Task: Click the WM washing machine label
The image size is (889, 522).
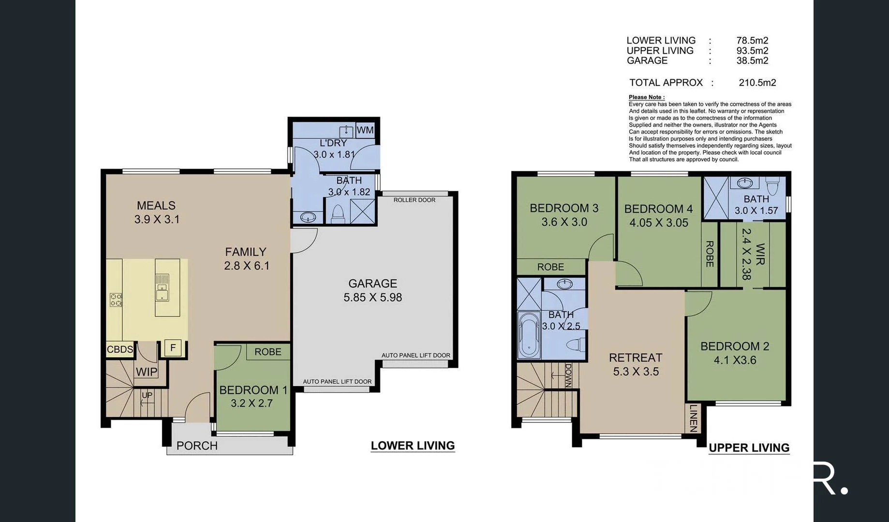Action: [365, 130]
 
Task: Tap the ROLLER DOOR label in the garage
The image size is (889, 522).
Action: [414, 200]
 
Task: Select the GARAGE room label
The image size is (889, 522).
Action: [372, 284]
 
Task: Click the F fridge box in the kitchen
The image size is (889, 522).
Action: [173, 348]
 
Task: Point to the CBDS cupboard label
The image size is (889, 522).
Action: [119, 349]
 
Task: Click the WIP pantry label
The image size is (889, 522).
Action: [146, 372]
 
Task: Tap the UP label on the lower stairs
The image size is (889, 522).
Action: [147, 395]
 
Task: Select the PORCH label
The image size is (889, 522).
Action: [197, 446]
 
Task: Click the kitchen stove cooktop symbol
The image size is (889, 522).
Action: [116, 300]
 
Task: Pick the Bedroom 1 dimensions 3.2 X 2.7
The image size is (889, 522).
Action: [252, 403]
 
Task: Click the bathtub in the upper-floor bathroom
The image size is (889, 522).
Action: [529, 334]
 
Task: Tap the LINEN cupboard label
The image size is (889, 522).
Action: [693, 418]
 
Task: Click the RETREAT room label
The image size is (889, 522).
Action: [636, 358]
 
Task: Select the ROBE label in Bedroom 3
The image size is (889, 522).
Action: [550, 267]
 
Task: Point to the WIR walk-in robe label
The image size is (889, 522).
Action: [760, 254]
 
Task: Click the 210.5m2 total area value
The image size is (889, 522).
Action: [757, 83]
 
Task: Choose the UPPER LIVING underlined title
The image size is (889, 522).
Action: [749, 448]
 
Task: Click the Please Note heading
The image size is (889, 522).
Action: [646, 97]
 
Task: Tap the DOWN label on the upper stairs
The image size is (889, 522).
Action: [568, 375]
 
